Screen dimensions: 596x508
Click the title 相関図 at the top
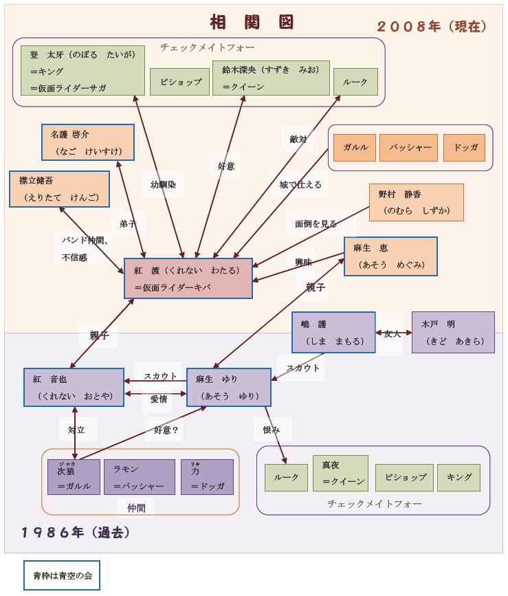point(252,22)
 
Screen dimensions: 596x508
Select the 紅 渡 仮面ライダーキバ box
point(188,278)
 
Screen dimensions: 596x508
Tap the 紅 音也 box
point(74,387)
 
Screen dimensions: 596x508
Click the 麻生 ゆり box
point(229,387)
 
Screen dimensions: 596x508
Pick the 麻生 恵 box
point(390,256)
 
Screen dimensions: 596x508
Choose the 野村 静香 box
point(416,202)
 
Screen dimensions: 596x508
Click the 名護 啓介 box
point(87,142)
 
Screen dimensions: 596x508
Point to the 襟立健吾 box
point(54,188)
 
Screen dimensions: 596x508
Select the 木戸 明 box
point(452,332)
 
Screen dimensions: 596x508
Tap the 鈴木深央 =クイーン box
point(271,78)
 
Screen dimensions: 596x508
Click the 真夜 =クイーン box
point(340,473)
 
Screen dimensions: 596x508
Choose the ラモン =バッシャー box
point(139,477)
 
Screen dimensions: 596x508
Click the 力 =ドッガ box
point(207,477)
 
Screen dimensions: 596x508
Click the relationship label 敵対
point(298,139)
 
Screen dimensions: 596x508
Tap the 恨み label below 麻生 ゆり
point(272,430)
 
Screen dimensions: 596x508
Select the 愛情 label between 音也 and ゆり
point(159,399)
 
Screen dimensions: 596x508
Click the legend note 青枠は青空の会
point(62,575)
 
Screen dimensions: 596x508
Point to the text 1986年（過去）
point(76,532)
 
